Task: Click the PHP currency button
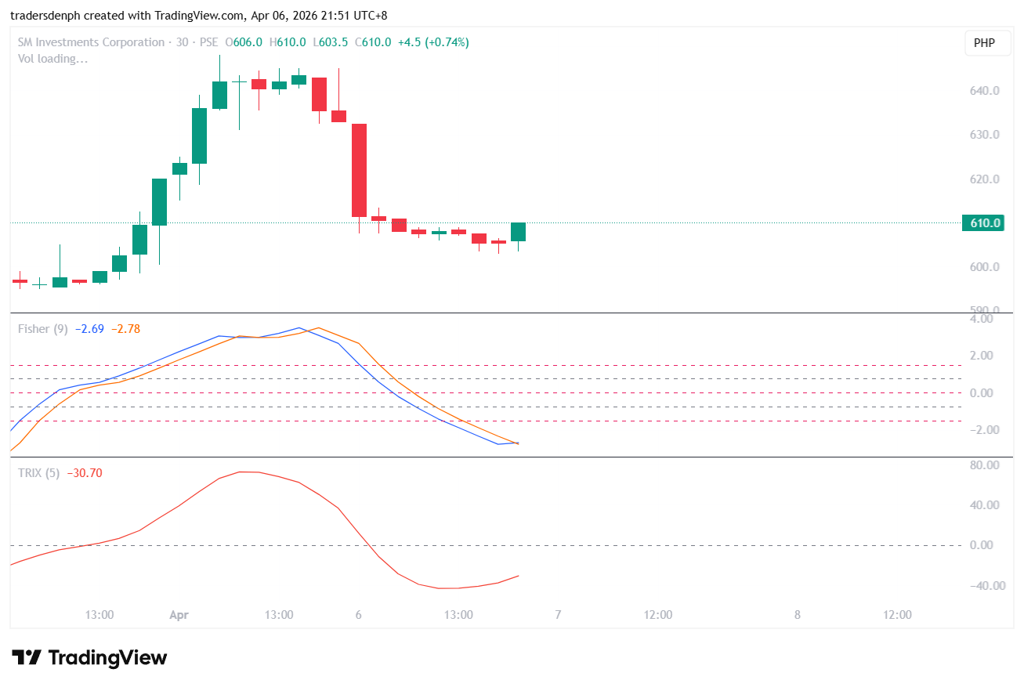pyautogui.click(x=984, y=43)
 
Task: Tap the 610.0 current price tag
pyautogui.click(x=986, y=223)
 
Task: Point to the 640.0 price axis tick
pyautogui.click(x=984, y=91)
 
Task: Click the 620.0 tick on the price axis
pyautogui.click(x=984, y=179)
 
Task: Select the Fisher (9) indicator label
pyautogui.click(x=42, y=329)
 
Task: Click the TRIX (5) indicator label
pyautogui.click(x=38, y=473)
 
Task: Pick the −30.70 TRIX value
pyautogui.click(x=85, y=473)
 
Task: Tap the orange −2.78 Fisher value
pyautogui.click(x=125, y=329)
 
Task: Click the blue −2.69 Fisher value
pyautogui.click(x=89, y=329)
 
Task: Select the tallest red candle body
pyautogui.click(x=359, y=170)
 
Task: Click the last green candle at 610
pyautogui.click(x=518, y=231)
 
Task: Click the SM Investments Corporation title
pyautogui.click(x=91, y=42)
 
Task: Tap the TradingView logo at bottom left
pyautogui.click(x=89, y=657)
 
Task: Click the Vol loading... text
pyautogui.click(x=53, y=59)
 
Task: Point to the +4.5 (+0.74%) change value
pyautogui.click(x=433, y=42)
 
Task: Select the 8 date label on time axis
pyautogui.click(x=797, y=615)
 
